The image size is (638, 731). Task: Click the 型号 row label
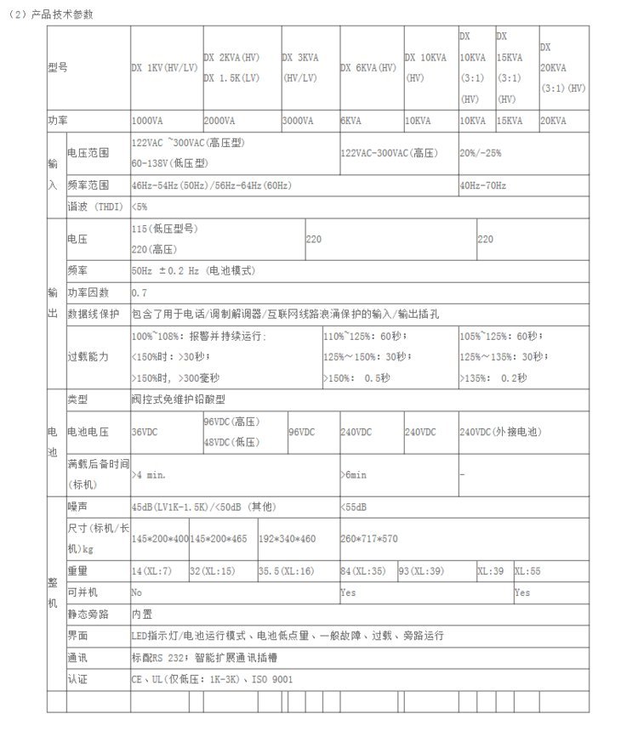[x=57, y=67]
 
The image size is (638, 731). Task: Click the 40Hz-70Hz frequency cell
[x=482, y=185]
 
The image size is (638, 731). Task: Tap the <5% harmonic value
[x=140, y=207]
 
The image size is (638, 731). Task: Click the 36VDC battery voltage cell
[x=145, y=433]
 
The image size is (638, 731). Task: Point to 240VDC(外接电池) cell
[x=498, y=433]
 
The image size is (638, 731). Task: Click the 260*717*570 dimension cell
[x=368, y=539]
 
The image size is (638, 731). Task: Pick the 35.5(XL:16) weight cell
[x=287, y=571]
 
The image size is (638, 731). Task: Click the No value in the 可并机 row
[x=137, y=592]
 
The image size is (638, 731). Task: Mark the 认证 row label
[x=77, y=679]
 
